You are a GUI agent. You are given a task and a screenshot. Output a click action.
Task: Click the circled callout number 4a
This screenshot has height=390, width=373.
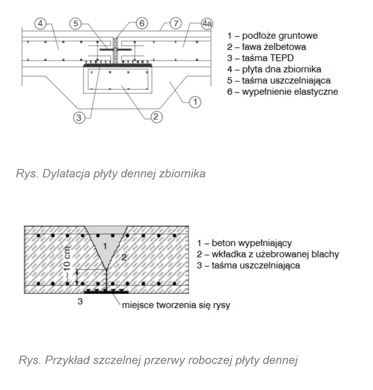207,24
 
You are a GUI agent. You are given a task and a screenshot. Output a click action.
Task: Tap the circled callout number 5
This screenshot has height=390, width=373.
75,23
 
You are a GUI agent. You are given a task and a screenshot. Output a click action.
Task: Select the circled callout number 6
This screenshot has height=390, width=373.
142,23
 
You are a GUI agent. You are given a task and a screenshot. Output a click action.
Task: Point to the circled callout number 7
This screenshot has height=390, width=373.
176,23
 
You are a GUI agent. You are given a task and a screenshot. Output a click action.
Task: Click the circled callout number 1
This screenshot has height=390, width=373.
195,102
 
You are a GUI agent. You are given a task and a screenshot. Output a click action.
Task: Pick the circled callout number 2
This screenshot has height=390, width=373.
156,117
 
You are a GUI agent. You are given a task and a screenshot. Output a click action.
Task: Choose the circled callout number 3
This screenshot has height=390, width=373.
79,118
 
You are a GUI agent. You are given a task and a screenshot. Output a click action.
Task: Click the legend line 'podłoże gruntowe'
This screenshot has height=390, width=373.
272,36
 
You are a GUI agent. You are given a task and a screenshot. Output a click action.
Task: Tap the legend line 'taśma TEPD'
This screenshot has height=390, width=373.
260,58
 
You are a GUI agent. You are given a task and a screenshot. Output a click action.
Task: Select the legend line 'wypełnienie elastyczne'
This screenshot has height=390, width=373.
282,92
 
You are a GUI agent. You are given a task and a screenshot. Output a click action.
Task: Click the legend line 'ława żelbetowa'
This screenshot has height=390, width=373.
266,47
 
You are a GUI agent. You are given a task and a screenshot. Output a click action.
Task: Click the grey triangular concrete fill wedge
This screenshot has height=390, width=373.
106,243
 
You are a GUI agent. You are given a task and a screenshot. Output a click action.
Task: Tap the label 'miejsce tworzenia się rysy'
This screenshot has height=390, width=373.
176,305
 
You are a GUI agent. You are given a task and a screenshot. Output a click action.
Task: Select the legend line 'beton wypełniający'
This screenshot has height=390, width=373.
244,243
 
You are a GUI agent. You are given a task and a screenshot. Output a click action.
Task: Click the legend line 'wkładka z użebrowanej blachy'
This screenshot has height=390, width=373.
268,254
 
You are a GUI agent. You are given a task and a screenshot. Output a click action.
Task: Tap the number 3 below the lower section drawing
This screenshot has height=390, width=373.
80,301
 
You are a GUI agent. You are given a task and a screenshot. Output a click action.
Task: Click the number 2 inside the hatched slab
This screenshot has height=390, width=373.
124,257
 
